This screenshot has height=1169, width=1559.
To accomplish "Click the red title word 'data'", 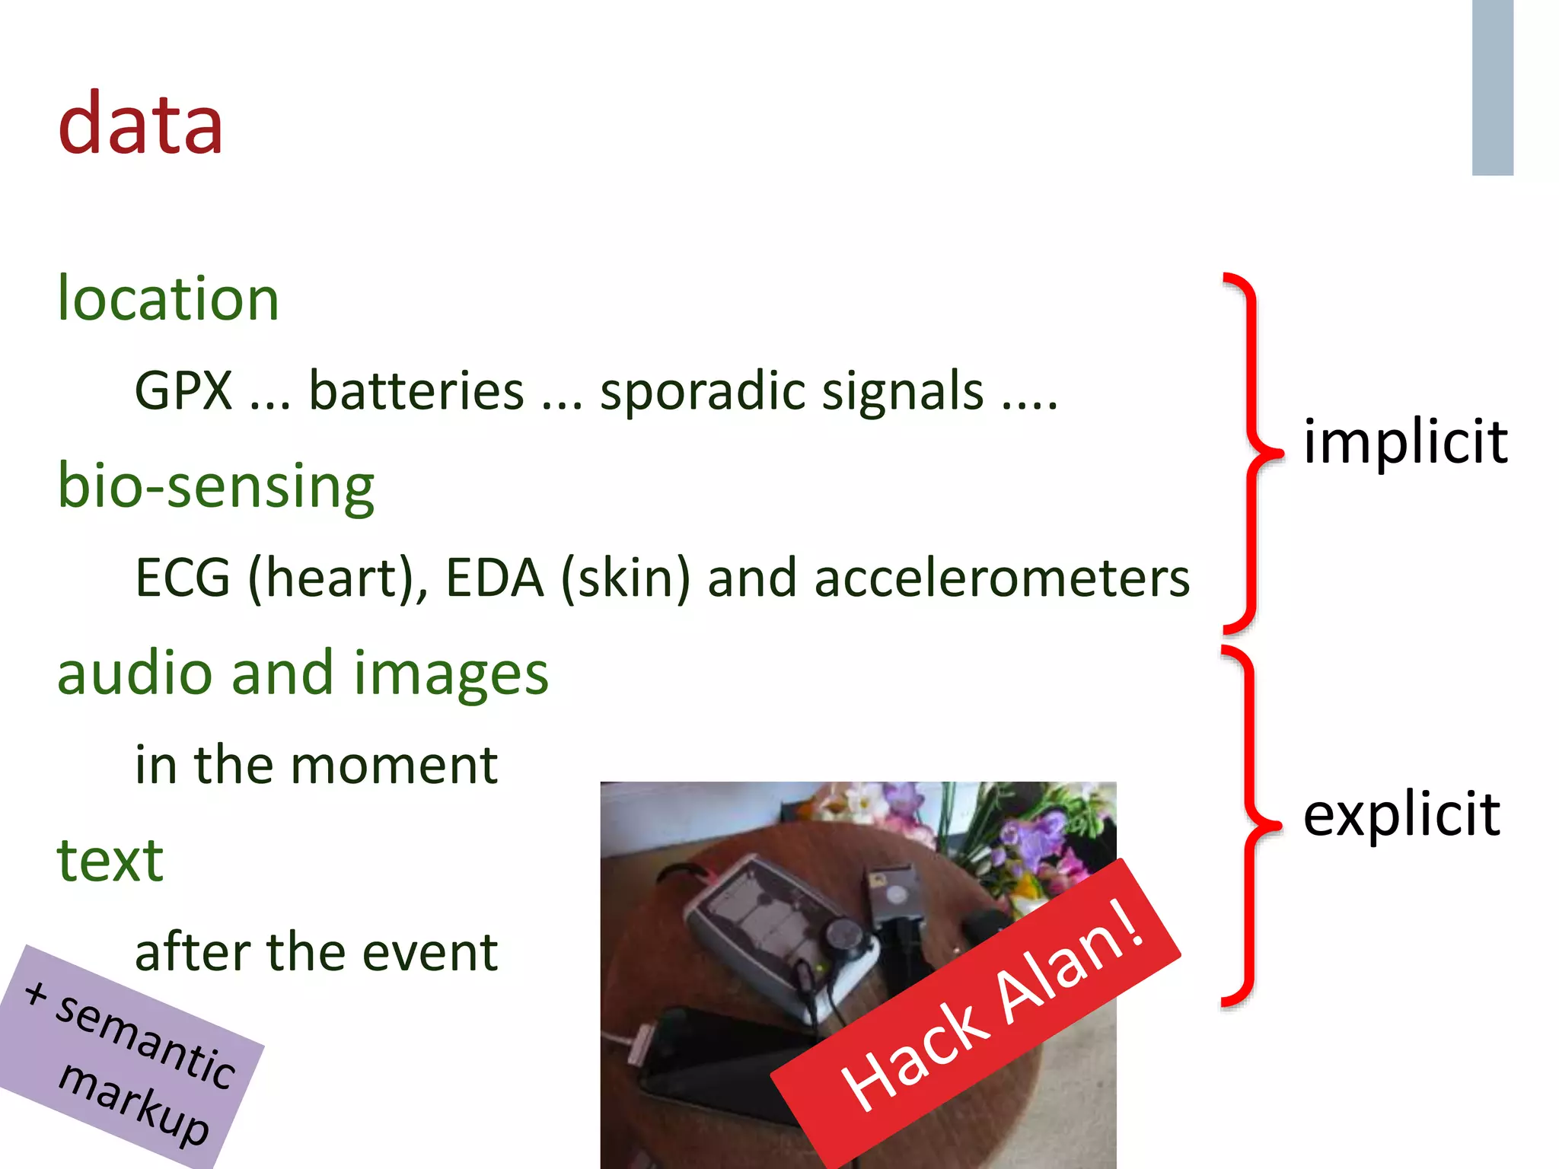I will click(141, 123).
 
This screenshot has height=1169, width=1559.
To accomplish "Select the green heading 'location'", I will click(168, 298).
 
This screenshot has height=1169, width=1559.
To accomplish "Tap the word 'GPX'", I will click(183, 391).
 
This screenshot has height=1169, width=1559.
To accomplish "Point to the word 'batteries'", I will click(416, 391).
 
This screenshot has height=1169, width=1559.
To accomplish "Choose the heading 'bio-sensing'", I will click(216, 486).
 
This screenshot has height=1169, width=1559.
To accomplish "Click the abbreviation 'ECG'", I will click(183, 578).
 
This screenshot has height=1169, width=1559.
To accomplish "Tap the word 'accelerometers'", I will click(1002, 578).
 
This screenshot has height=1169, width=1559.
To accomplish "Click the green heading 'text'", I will click(110, 860).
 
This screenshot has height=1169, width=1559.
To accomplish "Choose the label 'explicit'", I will click(1401, 814).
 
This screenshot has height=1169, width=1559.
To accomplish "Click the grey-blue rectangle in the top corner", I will click(1492, 88).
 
